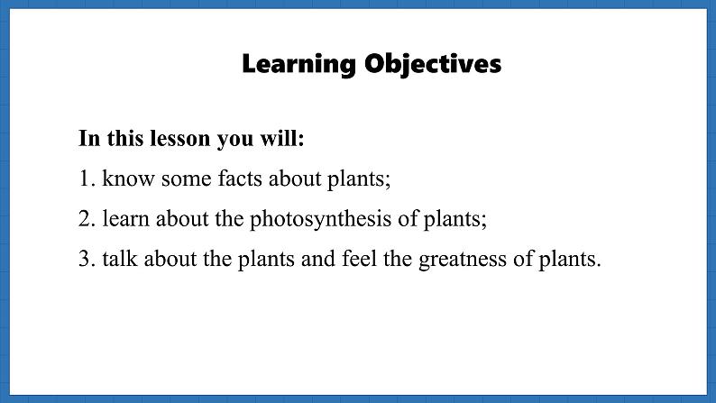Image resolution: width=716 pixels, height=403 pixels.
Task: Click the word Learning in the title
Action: pos(298,65)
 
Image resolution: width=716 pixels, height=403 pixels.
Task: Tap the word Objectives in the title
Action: pos(433,65)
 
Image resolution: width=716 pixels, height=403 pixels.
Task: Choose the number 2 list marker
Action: pos(87,218)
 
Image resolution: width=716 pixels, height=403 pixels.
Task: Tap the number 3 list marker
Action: pos(87,259)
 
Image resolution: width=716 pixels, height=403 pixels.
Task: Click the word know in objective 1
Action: pos(128,179)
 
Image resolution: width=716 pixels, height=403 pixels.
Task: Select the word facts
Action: pos(240,179)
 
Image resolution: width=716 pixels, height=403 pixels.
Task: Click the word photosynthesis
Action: pos(320,219)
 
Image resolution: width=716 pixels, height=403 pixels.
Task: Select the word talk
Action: pos(120,259)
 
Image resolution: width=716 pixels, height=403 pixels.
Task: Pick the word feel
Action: pos(360,259)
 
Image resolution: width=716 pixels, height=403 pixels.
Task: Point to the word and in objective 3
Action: pos(317,259)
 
